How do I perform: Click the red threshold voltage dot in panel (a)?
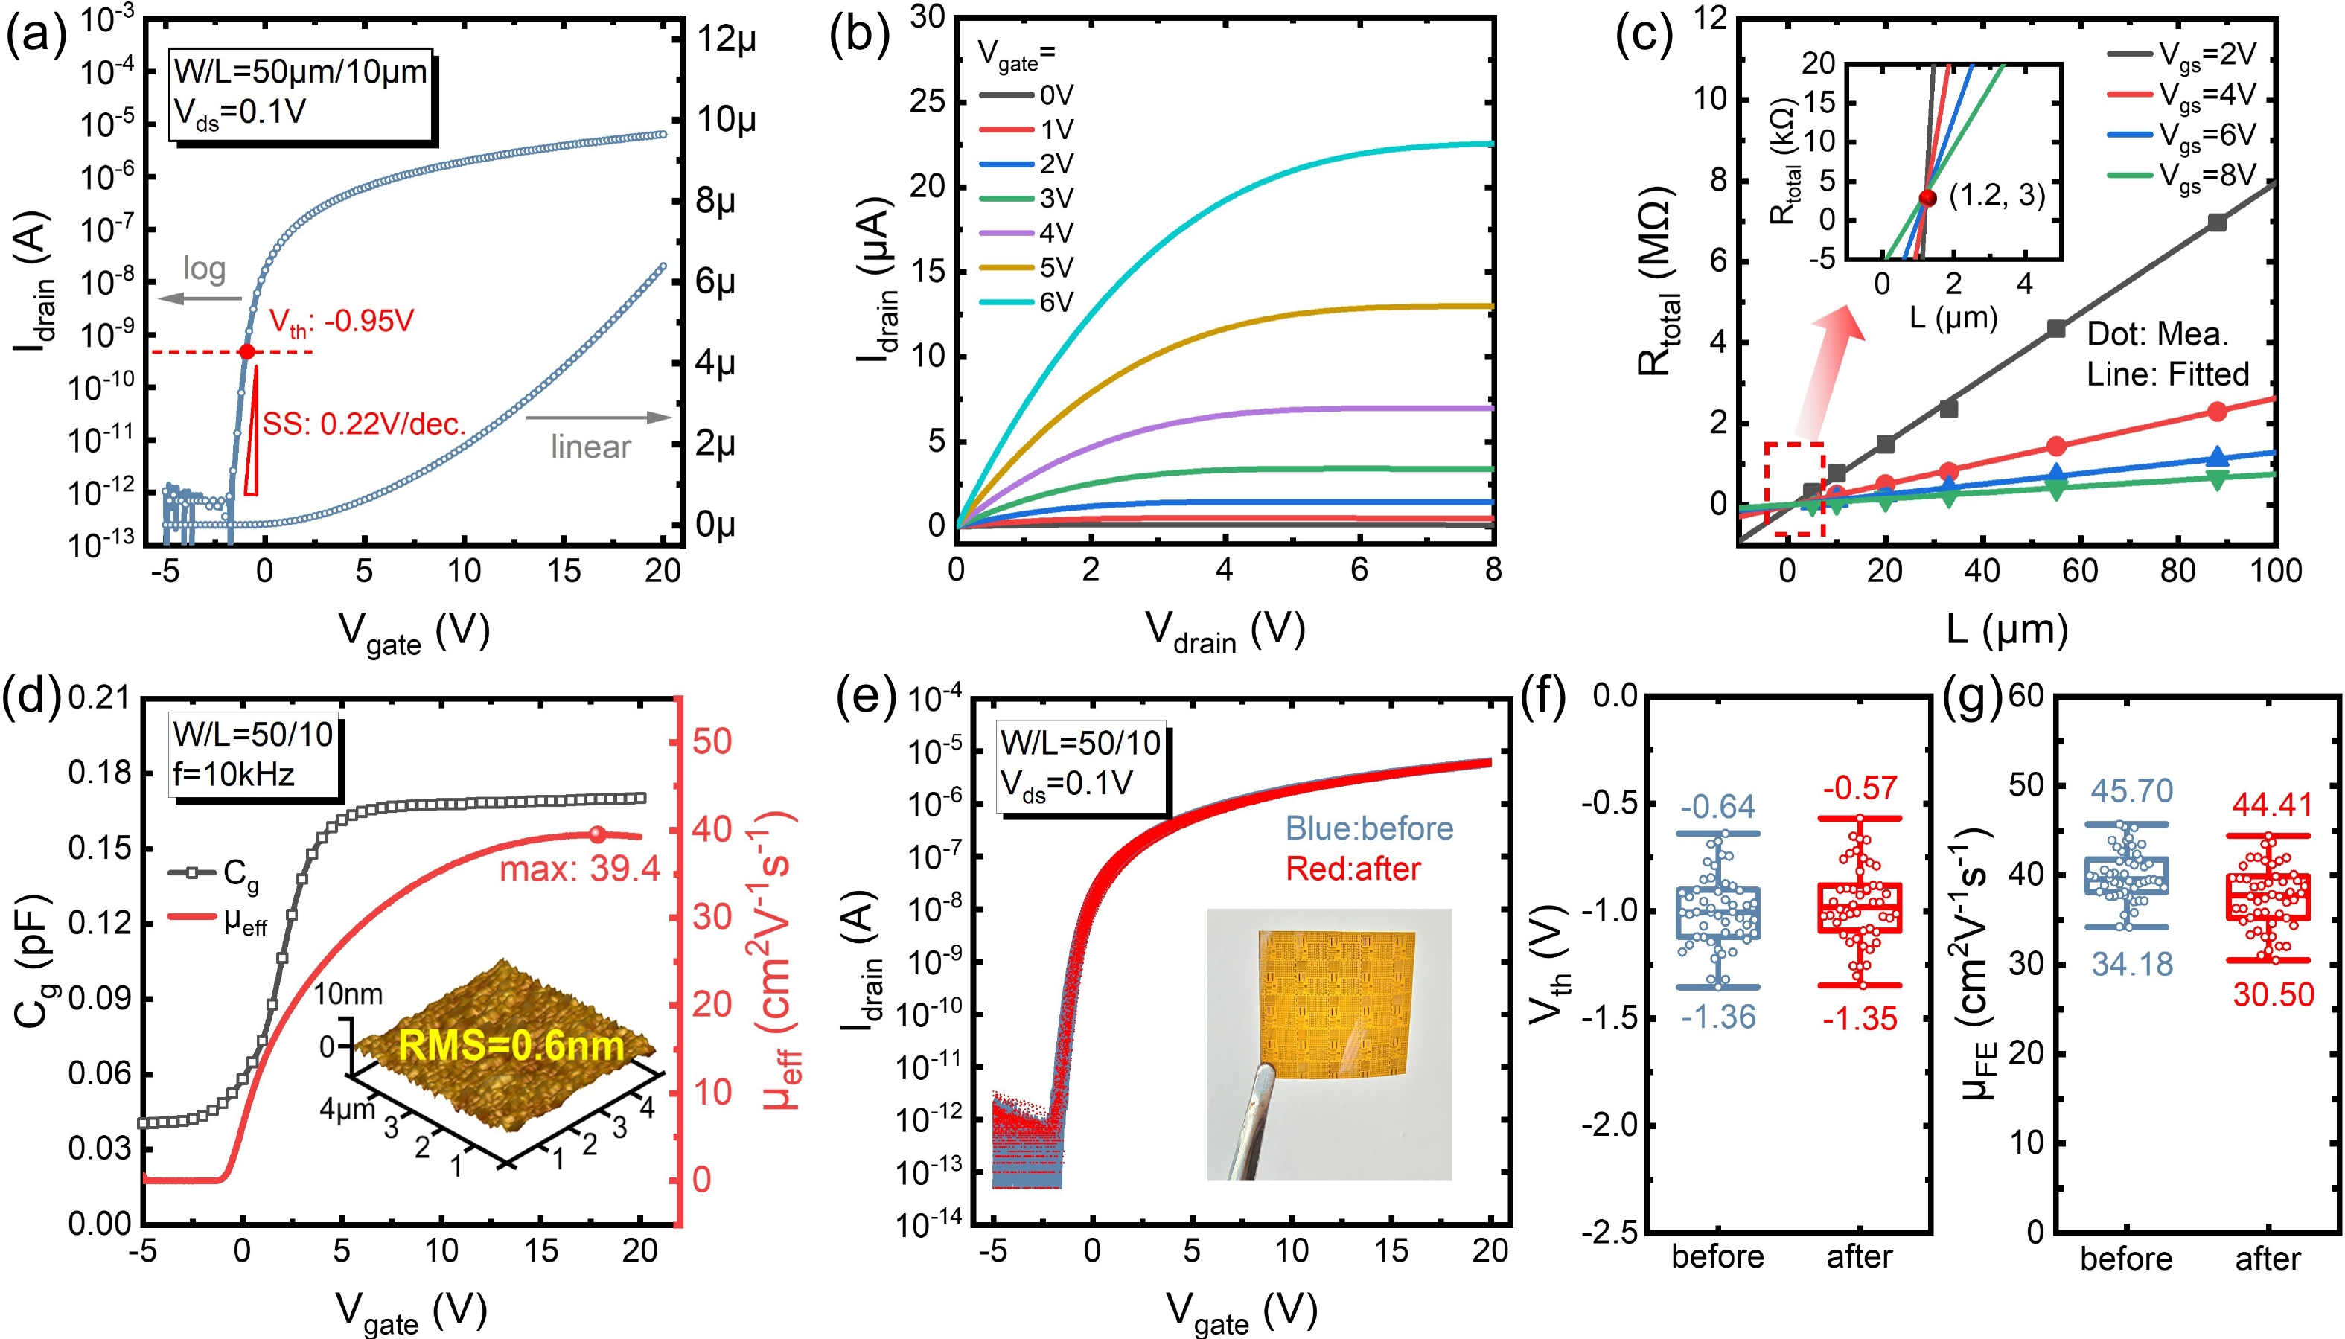coord(246,351)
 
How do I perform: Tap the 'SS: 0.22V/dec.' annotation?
coord(364,424)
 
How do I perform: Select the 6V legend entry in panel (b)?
coord(1025,301)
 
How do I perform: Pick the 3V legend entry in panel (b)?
coord(1025,199)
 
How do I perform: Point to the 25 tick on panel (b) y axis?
coord(927,101)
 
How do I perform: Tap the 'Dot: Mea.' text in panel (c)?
coord(2157,334)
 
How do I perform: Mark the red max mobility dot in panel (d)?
coord(598,834)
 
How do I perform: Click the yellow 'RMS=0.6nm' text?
coord(511,1046)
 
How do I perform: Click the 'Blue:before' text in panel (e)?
coord(1368,828)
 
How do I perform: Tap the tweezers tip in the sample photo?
coord(1266,1071)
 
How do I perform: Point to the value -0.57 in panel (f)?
coord(1860,788)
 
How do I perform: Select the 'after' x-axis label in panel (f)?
coord(1859,1256)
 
